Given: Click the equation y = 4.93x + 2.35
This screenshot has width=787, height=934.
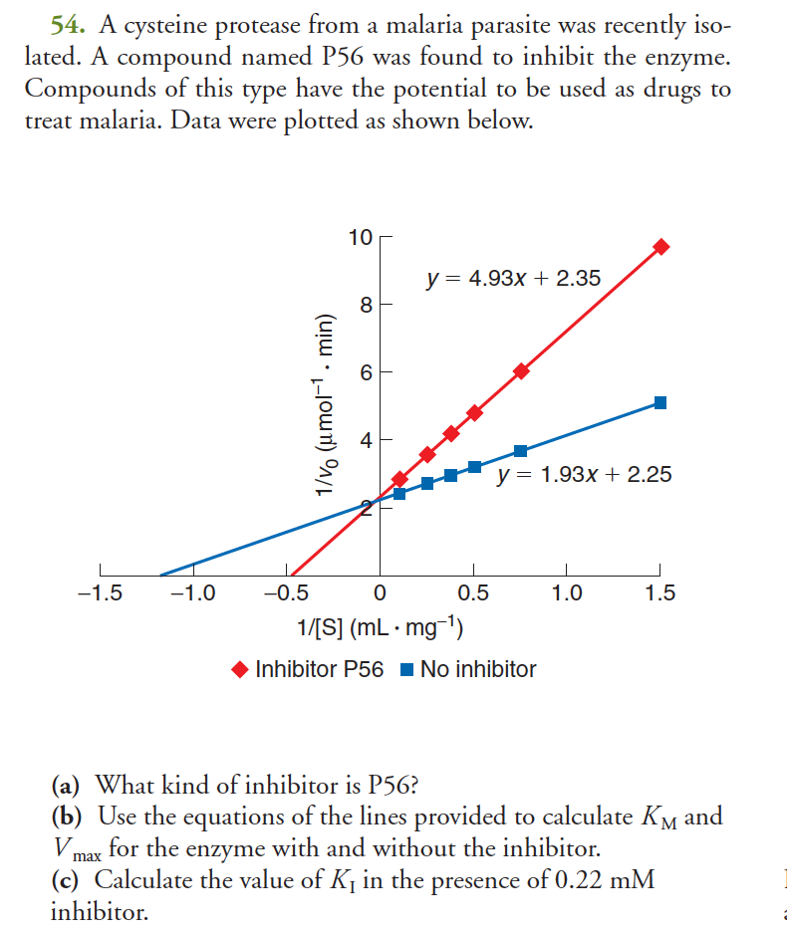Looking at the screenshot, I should [513, 278].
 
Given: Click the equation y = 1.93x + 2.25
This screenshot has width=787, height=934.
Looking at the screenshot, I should [584, 474].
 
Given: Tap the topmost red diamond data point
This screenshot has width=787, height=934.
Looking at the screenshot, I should [660, 246].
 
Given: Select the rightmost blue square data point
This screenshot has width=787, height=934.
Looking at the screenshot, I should [660, 402].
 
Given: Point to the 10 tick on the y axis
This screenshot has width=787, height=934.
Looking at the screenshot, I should [360, 237].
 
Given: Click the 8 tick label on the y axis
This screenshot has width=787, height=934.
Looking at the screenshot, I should [366, 305].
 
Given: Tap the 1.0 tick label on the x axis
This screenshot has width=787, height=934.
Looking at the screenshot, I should [567, 594].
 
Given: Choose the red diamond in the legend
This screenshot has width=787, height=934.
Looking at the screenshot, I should [240, 670].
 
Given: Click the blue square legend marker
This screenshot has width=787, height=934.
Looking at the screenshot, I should [406, 670].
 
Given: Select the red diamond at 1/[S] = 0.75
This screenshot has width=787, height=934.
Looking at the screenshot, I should [521, 371].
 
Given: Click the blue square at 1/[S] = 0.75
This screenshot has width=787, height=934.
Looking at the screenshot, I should [520, 451].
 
